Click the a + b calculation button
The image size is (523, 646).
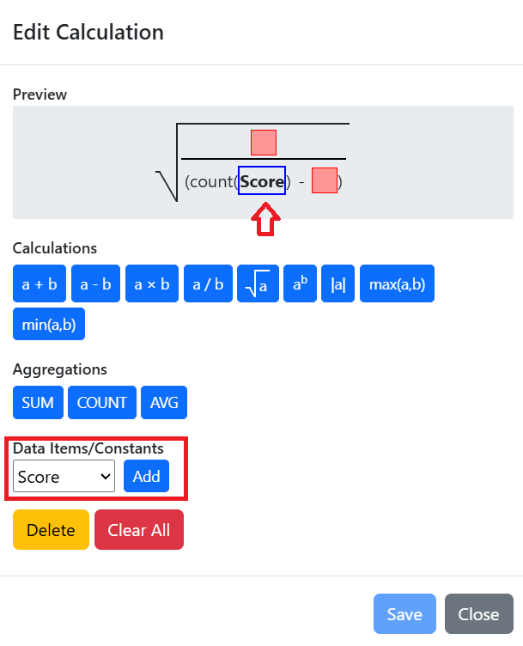pyautogui.click(x=40, y=283)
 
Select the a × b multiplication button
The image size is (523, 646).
pyautogui.click(x=152, y=283)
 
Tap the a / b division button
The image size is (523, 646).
pyautogui.click(x=208, y=283)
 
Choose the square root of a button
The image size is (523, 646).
pyautogui.click(x=258, y=283)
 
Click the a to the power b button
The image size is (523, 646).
pyautogui.click(x=301, y=283)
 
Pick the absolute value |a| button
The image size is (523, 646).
pyautogui.click(x=338, y=283)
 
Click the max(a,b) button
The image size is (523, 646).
pyautogui.click(x=397, y=283)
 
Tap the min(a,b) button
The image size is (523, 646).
pyautogui.click(x=49, y=324)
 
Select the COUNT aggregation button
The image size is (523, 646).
pyautogui.click(x=102, y=403)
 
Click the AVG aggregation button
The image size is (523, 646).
pyautogui.click(x=164, y=403)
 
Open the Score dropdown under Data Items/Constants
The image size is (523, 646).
pyautogui.click(x=64, y=476)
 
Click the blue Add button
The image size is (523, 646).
pyautogui.click(x=146, y=476)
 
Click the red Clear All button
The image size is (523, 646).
pyautogui.click(x=139, y=529)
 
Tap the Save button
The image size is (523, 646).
pyautogui.click(x=404, y=614)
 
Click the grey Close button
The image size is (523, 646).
pyautogui.click(x=479, y=614)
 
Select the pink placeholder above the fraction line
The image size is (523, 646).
pyautogui.click(x=264, y=143)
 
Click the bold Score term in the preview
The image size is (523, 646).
pyautogui.click(x=262, y=181)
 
